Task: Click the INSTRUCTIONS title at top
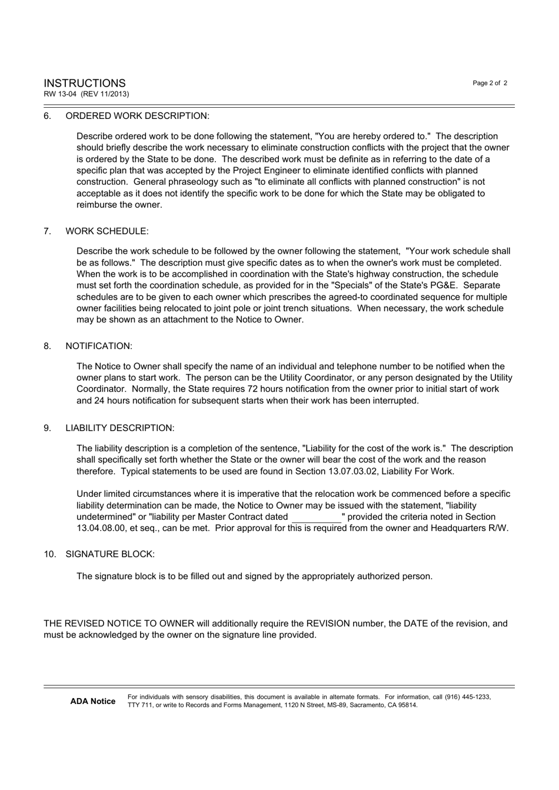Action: coord(84,83)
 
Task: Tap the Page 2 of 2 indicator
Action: coord(490,83)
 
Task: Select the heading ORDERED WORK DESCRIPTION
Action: coord(137,116)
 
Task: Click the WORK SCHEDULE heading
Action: coord(107,231)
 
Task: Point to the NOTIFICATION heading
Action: coord(99,346)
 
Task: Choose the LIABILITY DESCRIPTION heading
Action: coord(119,428)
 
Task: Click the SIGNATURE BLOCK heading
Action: coord(110,555)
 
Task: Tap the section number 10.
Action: coord(49,555)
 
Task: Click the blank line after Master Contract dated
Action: coord(316,517)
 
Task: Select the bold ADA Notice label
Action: coord(92,701)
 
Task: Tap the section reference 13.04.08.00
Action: coord(101,528)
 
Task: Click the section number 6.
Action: coord(47,116)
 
